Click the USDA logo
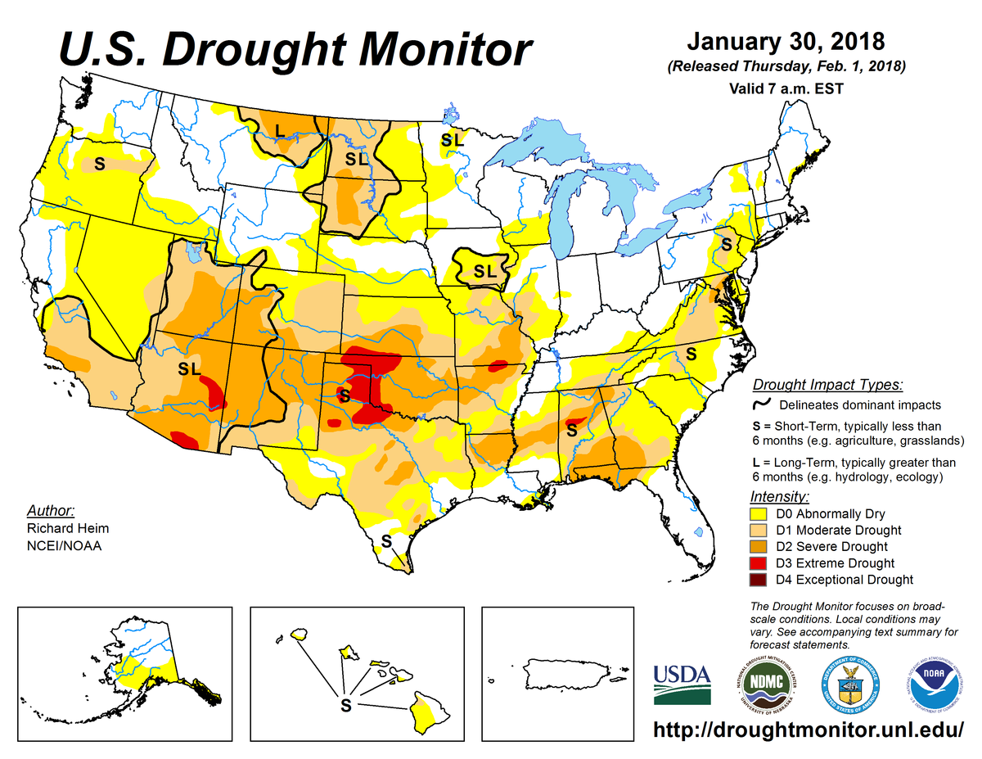pyautogui.click(x=682, y=684)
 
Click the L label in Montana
pyautogui.click(x=280, y=129)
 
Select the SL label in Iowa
pyautogui.click(x=484, y=270)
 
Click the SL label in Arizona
pyautogui.click(x=189, y=369)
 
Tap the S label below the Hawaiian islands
pyautogui.click(x=345, y=703)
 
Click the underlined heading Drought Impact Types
pyautogui.click(x=827, y=385)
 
